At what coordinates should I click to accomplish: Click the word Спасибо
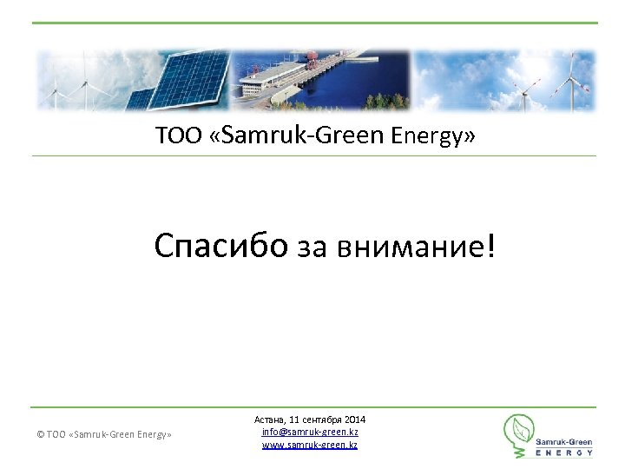point(220,247)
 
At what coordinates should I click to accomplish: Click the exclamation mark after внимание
point(493,247)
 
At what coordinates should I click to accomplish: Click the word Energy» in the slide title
point(433,136)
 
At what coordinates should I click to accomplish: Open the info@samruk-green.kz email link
point(310,433)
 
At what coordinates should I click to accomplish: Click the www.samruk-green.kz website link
point(310,445)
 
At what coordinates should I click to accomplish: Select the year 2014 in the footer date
point(356,420)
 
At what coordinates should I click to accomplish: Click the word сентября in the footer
point(325,420)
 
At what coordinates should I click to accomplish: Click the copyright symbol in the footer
point(41,434)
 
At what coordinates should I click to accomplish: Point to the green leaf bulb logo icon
point(520,433)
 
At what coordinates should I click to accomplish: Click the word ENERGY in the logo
point(564,452)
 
